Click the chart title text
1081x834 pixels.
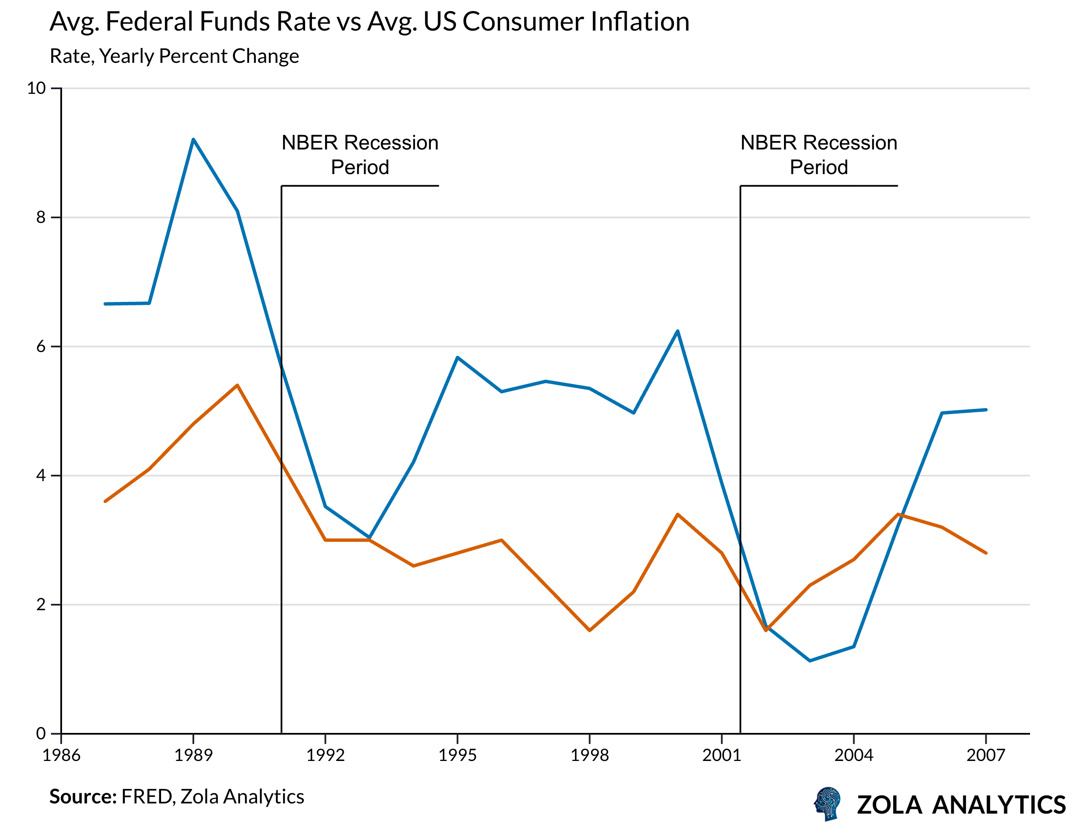tap(369, 22)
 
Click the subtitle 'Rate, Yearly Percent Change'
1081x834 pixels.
tap(174, 56)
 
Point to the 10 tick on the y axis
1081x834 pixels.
tap(36, 89)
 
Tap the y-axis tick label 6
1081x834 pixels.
tap(41, 346)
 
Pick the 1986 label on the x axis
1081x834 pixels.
tap(61, 755)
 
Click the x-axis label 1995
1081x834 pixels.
tap(457, 755)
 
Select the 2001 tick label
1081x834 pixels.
tap(722, 755)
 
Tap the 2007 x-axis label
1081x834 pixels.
tap(986, 755)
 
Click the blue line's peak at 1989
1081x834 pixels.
tap(193, 139)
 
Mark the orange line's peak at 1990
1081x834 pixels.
tap(238, 385)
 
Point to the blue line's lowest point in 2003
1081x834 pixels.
tap(810, 660)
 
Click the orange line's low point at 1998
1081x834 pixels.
tap(589, 630)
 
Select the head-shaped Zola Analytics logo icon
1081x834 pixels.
tap(828, 803)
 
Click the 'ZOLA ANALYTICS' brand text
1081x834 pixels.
tap(961, 805)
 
